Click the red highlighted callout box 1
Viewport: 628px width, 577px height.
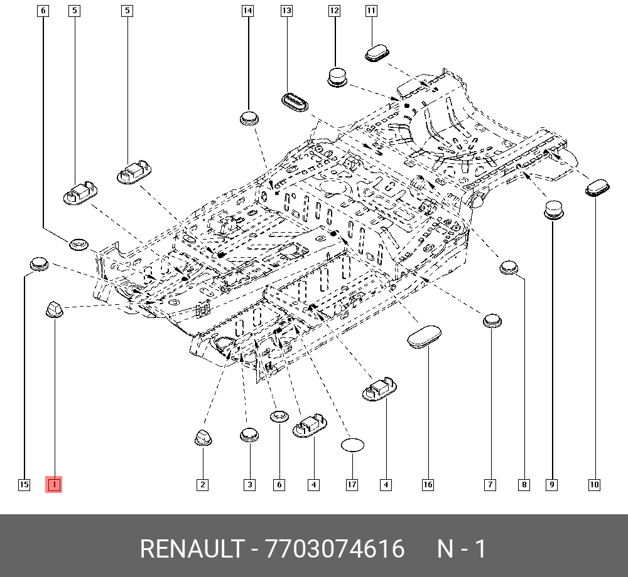click(x=53, y=485)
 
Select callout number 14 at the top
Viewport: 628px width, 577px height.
click(x=248, y=11)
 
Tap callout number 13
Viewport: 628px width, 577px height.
click(x=287, y=11)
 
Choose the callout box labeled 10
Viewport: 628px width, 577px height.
click(x=594, y=485)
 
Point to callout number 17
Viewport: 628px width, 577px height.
click(x=352, y=485)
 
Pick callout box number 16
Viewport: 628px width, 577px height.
click(x=428, y=485)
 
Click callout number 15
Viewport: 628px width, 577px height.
click(x=24, y=485)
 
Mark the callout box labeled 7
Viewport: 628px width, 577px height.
click(x=490, y=485)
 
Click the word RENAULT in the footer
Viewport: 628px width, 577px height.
click(x=192, y=549)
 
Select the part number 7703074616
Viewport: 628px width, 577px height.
click(x=335, y=549)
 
